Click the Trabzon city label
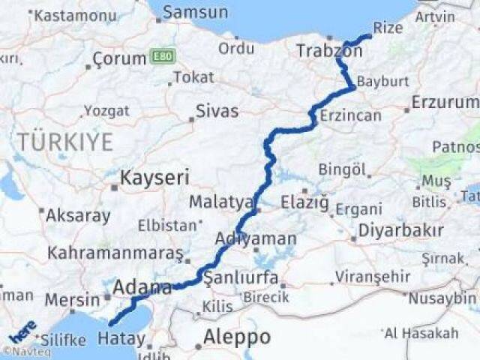pos(328,51)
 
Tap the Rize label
pos(388,28)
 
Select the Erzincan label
pos(350,115)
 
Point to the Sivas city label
pos(217,112)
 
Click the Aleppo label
pos(236,337)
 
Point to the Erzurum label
pos(443,102)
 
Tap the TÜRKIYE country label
pos(65,141)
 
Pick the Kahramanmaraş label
pos(115,253)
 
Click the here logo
pos(22,331)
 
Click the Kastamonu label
pos(67,15)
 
